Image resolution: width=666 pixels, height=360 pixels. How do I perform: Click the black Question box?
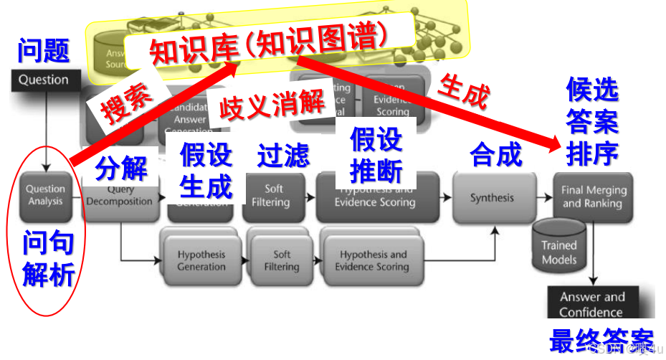pyautogui.click(x=44, y=80)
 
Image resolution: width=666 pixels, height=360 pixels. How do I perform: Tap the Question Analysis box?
pyautogui.click(x=45, y=195)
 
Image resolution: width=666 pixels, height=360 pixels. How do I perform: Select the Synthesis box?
pyautogui.click(x=492, y=198)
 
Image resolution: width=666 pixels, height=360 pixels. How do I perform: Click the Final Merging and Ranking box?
pyautogui.click(x=593, y=196)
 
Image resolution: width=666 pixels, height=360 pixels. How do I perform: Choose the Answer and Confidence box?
pyautogui.click(x=591, y=304)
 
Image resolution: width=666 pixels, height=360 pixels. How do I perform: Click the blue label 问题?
pyautogui.click(x=44, y=51)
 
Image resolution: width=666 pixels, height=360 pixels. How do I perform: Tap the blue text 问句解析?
pyautogui.click(x=47, y=259)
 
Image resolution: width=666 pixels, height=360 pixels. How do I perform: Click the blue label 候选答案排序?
pyautogui.click(x=592, y=121)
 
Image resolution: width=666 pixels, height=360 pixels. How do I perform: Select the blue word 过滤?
pyautogui.click(x=283, y=156)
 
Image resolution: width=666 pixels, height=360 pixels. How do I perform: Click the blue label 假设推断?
pyautogui.click(x=376, y=156)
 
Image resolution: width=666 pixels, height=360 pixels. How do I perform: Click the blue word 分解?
pyautogui.click(x=121, y=169)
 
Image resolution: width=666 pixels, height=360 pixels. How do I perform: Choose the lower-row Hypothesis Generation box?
pyautogui.click(x=201, y=260)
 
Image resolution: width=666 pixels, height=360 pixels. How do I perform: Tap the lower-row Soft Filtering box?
pyautogui.click(x=282, y=260)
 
